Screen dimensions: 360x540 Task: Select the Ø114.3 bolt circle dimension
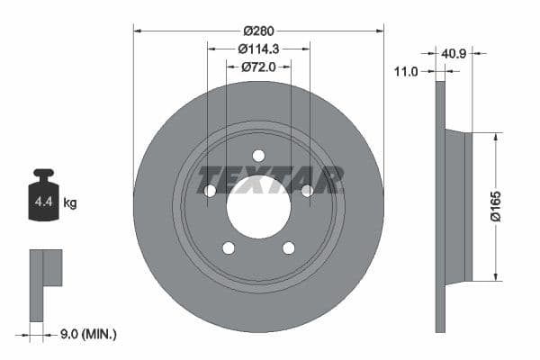[258, 49]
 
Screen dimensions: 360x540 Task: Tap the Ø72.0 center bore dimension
[258, 67]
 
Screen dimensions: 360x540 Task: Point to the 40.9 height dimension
[454, 55]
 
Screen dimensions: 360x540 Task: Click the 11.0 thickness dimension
[407, 72]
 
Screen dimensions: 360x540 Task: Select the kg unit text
[70, 203]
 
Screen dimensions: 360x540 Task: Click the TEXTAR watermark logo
[271, 179]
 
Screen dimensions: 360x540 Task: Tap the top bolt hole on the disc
[258, 155]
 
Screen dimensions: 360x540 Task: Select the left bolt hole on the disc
[210, 190]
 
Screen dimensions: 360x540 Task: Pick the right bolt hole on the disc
[307, 190]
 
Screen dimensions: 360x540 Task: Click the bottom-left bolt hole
[229, 247]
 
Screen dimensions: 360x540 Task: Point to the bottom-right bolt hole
[288, 247]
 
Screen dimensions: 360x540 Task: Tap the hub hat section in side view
[459, 207]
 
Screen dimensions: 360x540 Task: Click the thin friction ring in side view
[440, 207]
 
